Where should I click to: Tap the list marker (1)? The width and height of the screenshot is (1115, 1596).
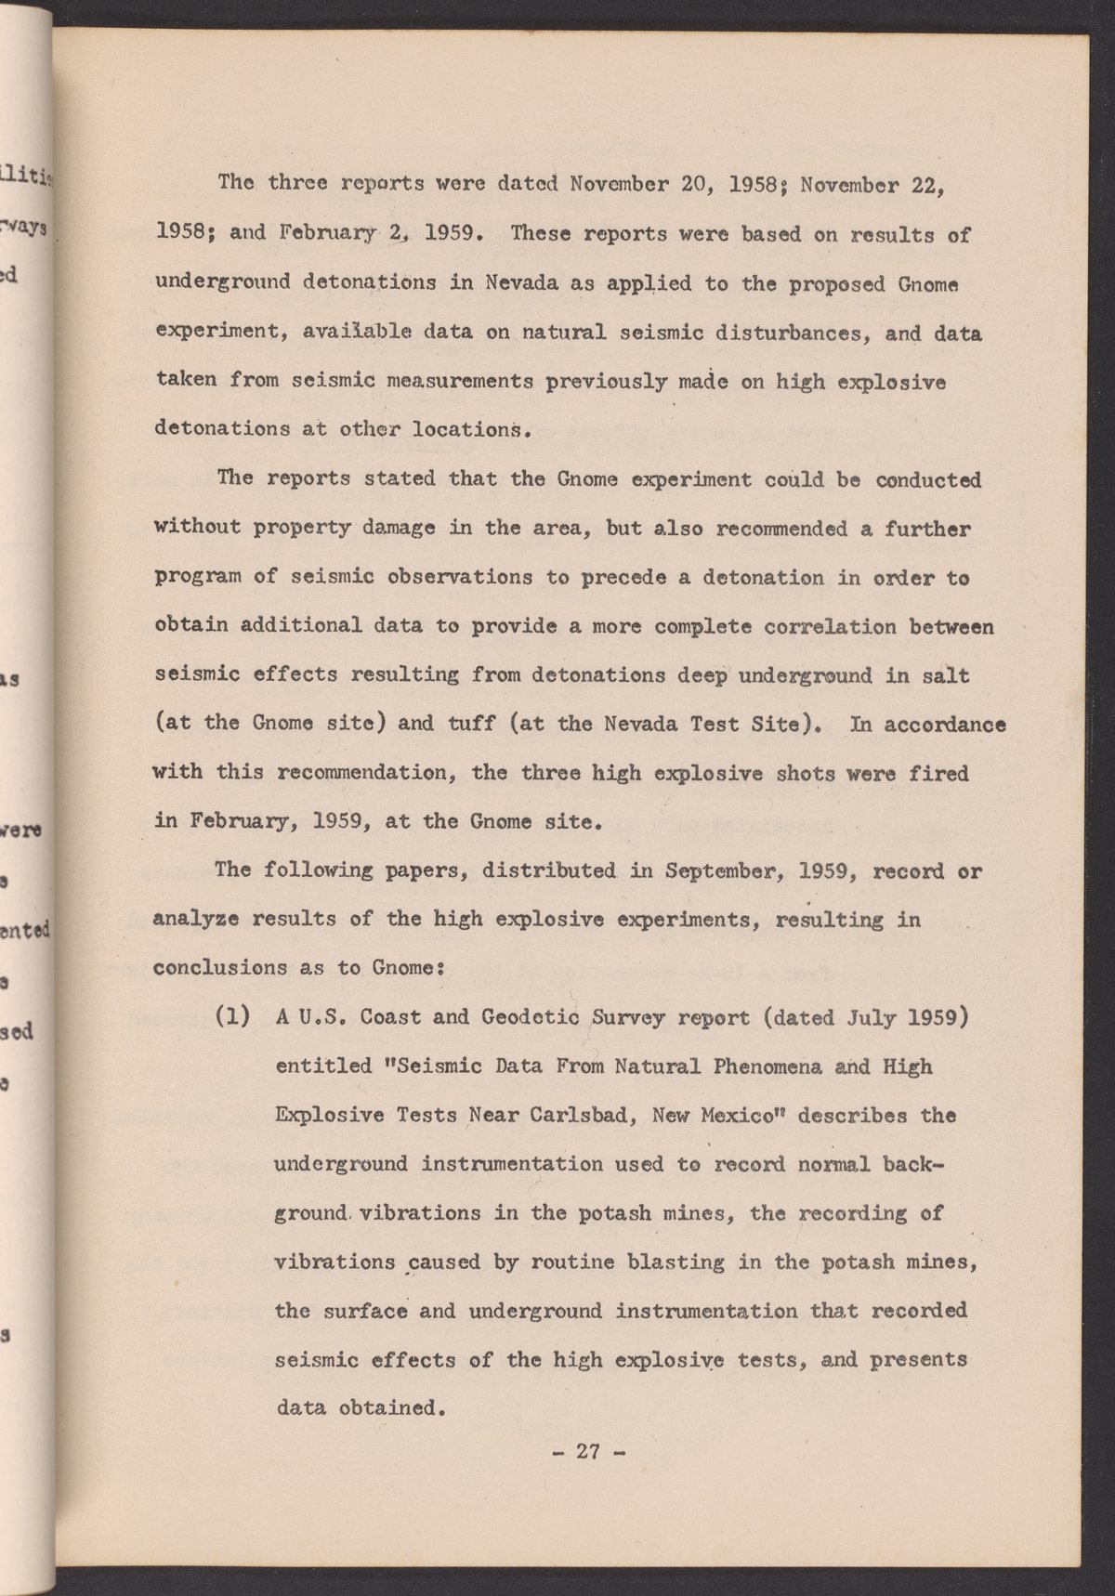click(x=231, y=1016)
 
